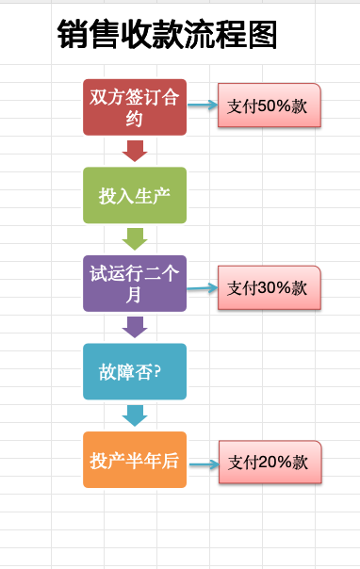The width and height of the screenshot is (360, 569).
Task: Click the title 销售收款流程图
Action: click(x=168, y=34)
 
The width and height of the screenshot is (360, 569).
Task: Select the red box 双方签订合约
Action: click(x=135, y=107)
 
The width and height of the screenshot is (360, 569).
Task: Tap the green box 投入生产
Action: click(x=135, y=195)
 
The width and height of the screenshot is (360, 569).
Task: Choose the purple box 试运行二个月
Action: click(x=135, y=284)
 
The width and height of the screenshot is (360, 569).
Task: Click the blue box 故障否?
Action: click(x=135, y=371)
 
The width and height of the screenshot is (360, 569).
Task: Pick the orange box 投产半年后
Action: click(x=135, y=460)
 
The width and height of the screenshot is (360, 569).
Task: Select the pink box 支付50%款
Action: click(x=270, y=106)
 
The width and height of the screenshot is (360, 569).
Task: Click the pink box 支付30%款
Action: click(x=270, y=287)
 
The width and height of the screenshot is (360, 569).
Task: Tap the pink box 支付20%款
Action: click(x=270, y=462)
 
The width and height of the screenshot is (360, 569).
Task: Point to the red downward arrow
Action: click(x=135, y=151)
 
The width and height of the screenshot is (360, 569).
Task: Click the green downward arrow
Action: click(x=135, y=239)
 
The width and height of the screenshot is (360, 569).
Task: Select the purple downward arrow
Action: click(x=135, y=327)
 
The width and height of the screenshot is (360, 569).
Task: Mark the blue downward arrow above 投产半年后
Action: click(x=135, y=415)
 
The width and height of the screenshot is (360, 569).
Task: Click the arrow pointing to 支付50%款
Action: click(x=203, y=106)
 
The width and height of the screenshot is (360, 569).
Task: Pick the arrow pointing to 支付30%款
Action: click(x=202, y=288)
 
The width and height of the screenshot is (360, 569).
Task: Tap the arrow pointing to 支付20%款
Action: click(x=205, y=464)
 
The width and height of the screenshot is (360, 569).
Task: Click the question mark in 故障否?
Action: click(x=157, y=371)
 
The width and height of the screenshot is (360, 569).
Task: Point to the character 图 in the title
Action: click(x=263, y=34)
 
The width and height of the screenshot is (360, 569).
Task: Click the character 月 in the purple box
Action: click(x=134, y=295)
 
